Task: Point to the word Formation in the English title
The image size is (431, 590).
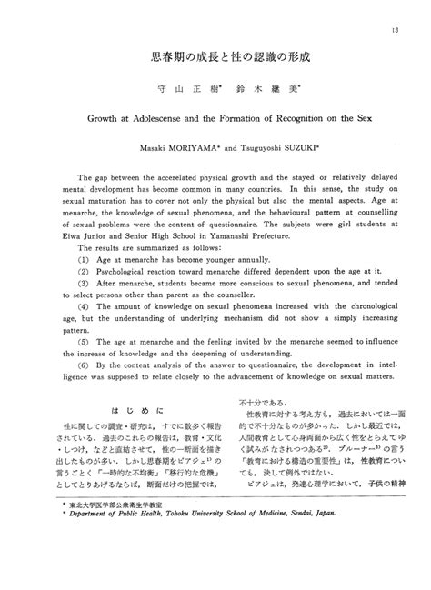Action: [x=251, y=118]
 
